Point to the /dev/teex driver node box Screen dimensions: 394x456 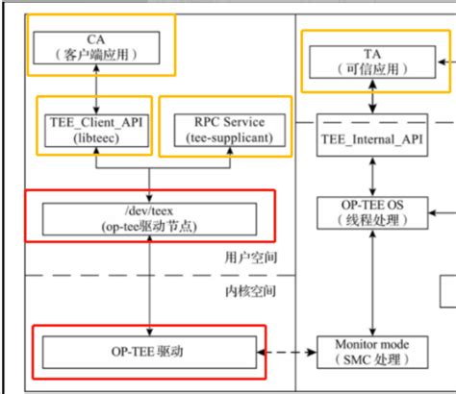pyautogui.click(x=149, y=217)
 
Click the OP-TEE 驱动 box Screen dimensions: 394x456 pyautogui.click(x=149, y=352)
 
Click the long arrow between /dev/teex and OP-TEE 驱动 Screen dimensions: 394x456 pyautogui.click(x=149, y=283)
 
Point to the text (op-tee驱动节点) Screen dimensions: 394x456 pyautogui.click(x=149, y=225)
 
